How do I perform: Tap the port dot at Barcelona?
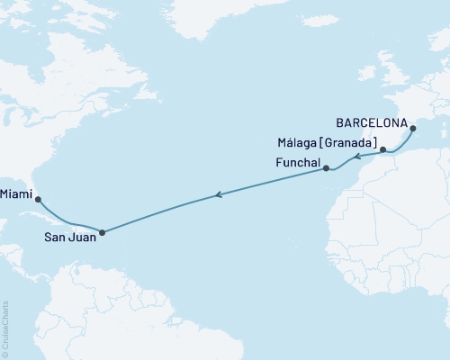(x=413, y=130)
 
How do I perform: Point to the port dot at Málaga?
(x=383, y=150)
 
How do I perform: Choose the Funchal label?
(x=296, y=162)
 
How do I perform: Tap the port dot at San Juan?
(x=102, y=232)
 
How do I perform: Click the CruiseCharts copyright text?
(x=5, y=327)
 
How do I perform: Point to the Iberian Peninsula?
(x=378, y=135)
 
